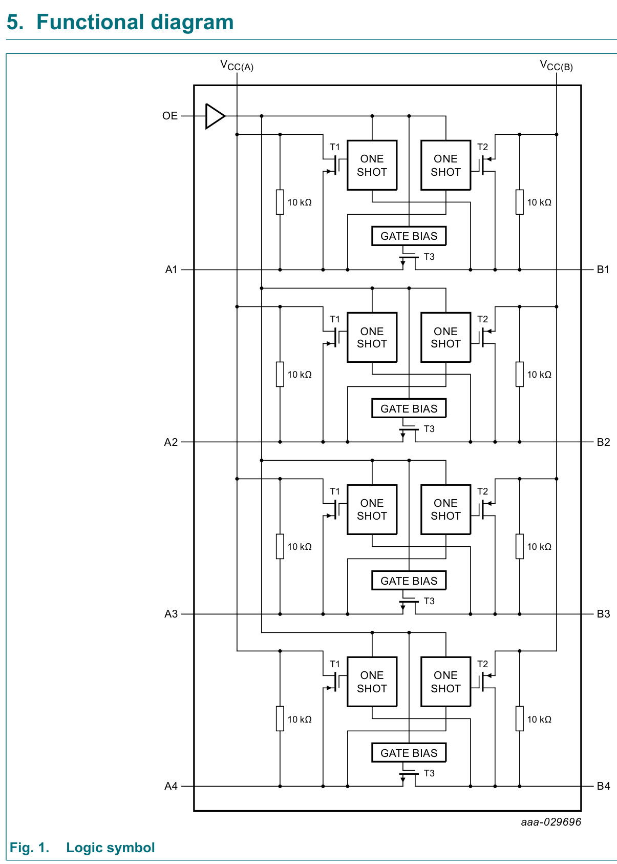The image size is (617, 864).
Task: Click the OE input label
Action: tap(170, 116)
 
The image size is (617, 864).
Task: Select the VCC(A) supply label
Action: tap(237, 65)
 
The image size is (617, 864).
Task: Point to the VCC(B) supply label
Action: tap(556, 65)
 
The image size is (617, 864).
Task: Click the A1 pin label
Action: tap(171, 270)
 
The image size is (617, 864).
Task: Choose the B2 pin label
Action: tap(603, 442)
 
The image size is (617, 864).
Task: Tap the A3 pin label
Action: tap(171, 614)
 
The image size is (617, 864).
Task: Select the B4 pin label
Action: tap(603, 786)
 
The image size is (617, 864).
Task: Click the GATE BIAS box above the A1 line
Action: tap(409, 236)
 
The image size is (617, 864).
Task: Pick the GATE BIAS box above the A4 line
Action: tap(409, 753)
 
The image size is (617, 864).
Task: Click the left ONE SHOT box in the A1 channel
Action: tap(372, 165)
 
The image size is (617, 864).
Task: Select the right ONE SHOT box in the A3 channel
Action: tap(446, 509)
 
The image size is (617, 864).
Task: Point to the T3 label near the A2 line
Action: tap(429, 429)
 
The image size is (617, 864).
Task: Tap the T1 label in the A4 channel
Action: tap(335, 664)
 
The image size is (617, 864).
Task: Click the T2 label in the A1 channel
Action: tap(482, 147)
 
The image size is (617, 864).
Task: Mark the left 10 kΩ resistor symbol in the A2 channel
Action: tap(280, 374)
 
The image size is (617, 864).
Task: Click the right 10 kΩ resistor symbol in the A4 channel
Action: tap(520, 718)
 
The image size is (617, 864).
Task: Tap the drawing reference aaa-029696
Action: tap(551, 822)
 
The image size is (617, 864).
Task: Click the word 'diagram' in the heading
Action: tap(193, 23)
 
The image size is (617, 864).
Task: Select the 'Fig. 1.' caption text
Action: tap(29, 848)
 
